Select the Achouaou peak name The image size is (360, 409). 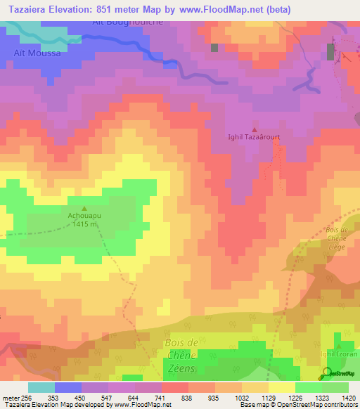coord(85,216)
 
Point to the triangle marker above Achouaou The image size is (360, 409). coord(85,208)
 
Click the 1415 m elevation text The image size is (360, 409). coord(85,224)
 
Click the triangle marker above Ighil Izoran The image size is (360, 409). coord(339,346)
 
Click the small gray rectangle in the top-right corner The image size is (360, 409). coord(330,51)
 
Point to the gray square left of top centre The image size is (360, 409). coord(214,48)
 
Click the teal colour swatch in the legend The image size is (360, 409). coord(41,387)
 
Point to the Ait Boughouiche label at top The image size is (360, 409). coord(128,23)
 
